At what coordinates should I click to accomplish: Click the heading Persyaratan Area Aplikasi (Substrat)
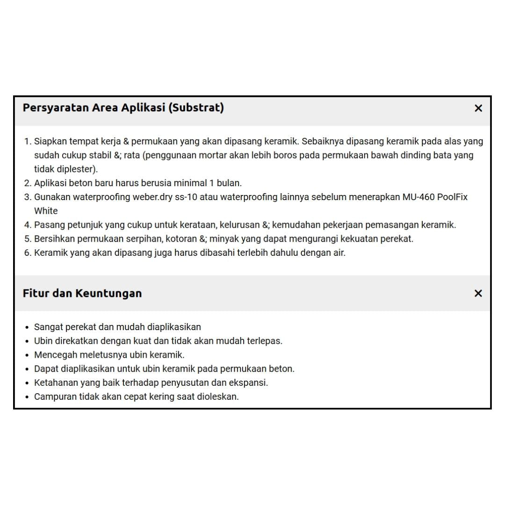pos(123,108)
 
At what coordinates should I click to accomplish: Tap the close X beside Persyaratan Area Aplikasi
pos(478,108)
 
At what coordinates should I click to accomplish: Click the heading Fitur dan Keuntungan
pos(82,294)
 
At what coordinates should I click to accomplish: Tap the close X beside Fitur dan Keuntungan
pos(478,294)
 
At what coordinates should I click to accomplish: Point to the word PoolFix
pos(452,197)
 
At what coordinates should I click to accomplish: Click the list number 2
pos(27,183)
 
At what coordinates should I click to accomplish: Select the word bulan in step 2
pos(229,183)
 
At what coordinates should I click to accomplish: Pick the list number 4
pos(27,225)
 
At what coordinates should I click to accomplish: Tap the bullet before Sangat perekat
pos(28,327)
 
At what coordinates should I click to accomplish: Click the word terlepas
pos(265,341)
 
